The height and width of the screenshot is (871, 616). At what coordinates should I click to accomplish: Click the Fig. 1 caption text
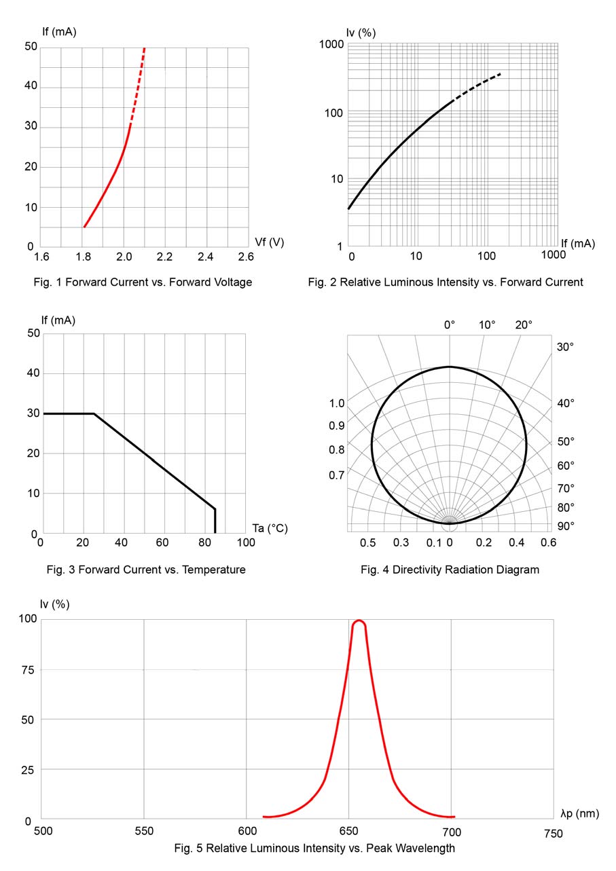point(143,282)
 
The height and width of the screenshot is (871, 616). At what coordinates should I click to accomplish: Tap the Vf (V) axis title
point(269,242)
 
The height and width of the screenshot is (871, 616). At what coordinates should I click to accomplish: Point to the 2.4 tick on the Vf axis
point(205,257)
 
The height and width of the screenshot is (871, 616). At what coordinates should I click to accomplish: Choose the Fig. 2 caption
point(445,282)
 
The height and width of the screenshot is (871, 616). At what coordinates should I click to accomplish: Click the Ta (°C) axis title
point(270,528)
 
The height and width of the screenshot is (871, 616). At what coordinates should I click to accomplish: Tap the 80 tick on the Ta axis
point(204,543)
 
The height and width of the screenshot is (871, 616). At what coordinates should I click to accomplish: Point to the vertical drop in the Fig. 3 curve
point(215,521)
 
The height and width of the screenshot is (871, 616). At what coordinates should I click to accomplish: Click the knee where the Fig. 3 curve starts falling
point(94,413)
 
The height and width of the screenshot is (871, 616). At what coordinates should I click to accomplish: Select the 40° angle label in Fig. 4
point(566,403)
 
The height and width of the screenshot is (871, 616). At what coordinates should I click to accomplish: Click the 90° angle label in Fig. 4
point(566,525)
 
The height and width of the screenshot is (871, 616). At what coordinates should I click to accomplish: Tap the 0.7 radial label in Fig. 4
point(337,475)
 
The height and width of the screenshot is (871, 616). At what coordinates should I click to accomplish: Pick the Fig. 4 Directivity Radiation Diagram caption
point(450,570)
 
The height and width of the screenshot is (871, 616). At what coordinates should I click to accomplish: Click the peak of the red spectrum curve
point(359,620)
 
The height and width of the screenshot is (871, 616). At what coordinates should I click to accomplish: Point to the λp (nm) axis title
point(580,813)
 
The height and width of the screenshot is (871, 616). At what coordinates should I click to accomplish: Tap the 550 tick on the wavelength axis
point(145,832)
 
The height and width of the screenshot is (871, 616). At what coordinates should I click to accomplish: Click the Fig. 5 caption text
point(314,848)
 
